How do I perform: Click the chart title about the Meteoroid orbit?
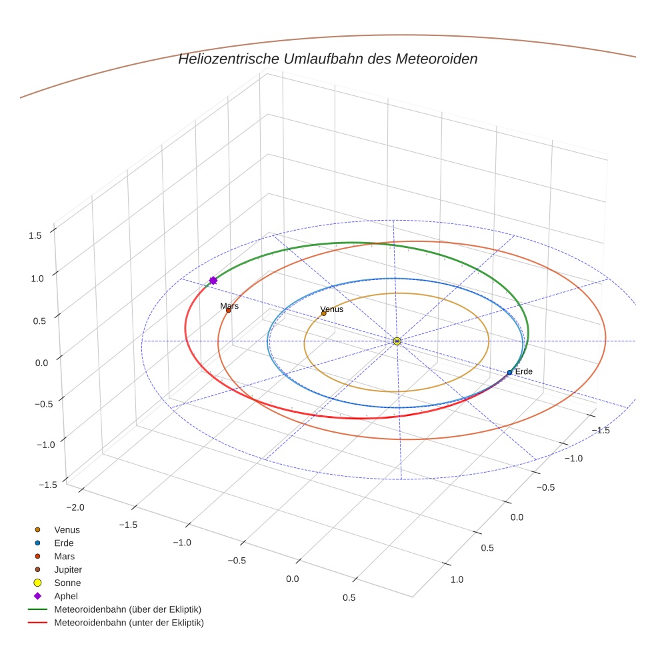click(x=327, y=59)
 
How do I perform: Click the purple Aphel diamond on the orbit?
click(x=213, y=281)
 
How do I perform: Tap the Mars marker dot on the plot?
click(x=228, y=311)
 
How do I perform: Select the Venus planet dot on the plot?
click(x=324, y=313)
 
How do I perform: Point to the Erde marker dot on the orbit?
click(x=509, y=373)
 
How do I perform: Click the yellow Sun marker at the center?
click(x=397, y=341)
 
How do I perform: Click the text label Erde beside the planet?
click(x=524, y=371)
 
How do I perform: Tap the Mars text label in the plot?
click(x=229, y=306)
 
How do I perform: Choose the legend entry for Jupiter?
click(x=67, y=569)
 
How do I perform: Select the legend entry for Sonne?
click(x=67, y=583)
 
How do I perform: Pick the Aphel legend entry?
click(x=66, y=596)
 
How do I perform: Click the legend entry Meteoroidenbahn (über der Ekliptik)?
click(x=127, y=609)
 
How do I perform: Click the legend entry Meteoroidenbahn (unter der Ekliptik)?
click(x=129, y=623)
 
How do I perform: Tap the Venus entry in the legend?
click(x=67, y=529)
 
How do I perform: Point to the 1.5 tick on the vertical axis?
click(x=35, y=235)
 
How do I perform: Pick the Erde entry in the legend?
click(x=63, y=543)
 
